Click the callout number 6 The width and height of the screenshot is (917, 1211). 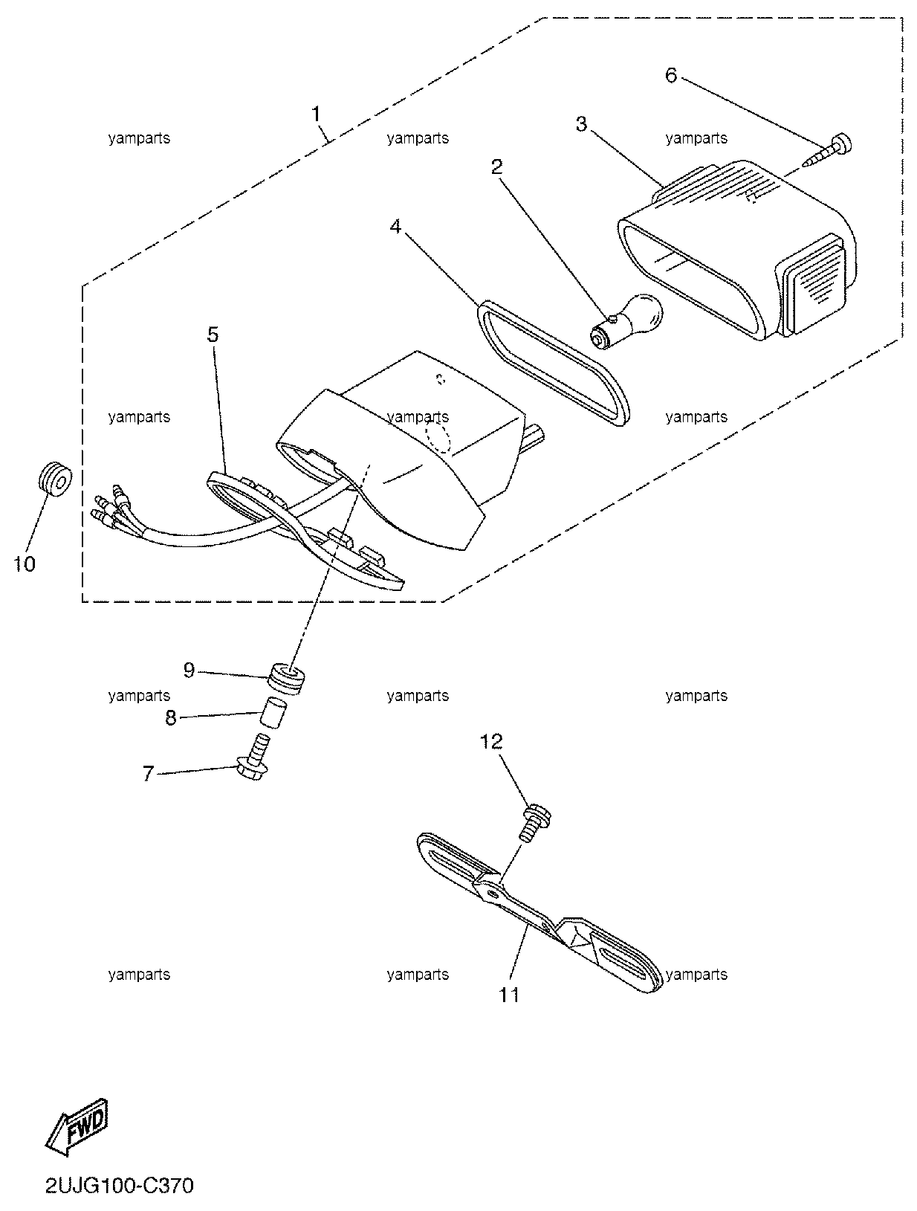670,75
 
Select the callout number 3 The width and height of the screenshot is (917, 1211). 581,125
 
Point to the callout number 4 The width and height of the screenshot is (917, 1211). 395,226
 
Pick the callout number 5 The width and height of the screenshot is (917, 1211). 213,335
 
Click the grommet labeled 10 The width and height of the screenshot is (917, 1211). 56,479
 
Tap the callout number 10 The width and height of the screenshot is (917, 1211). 25,563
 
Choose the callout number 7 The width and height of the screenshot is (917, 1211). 148,773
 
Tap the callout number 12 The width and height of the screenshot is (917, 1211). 490,742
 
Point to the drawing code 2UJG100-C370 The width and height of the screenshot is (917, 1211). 119,1186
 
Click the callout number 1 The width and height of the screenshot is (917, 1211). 315,114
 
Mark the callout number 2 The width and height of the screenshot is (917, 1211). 497,167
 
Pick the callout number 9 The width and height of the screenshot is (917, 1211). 189,671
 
